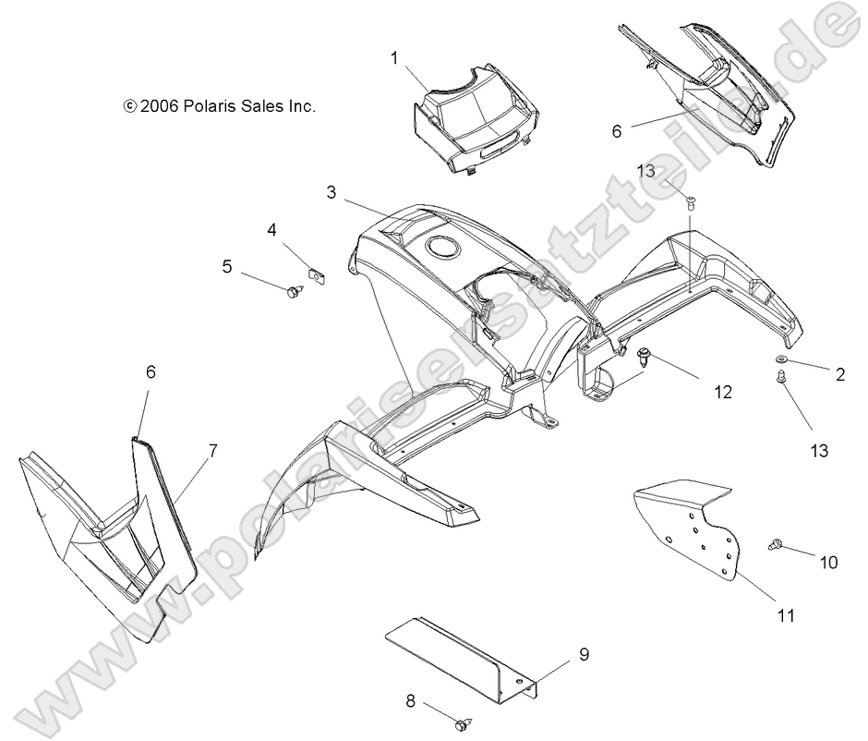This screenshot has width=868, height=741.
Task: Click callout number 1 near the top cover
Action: [x=394, y=59]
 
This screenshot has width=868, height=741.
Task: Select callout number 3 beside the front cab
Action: [x=331, y=192]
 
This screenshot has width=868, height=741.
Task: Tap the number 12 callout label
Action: [x=722, y=392]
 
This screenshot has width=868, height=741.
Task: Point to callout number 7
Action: [x=213, y=451]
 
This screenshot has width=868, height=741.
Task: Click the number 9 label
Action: [x=584, y=655]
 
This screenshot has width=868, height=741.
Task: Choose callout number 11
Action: [x=787, y=615]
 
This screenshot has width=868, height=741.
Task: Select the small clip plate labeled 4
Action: [x=317, y=276]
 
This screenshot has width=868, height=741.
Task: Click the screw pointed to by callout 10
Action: [x=776, y=548]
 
